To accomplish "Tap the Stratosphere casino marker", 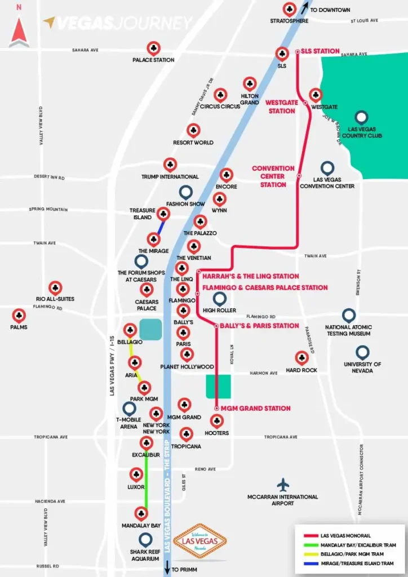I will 289,9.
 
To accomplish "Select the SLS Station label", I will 320,51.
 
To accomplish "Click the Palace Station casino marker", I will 153,48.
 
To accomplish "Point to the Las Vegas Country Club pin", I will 361,117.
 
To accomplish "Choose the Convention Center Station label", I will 273,176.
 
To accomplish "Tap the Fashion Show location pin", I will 185,192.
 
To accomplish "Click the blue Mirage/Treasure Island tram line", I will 161,227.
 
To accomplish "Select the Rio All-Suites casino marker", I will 55,288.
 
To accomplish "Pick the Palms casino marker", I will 19,315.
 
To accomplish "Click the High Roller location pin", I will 219,299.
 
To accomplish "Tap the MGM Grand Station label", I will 256,408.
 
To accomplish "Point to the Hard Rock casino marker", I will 301,358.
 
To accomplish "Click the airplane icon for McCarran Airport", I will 283,484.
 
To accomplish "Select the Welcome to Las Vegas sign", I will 200,541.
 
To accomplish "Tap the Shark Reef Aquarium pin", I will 145,539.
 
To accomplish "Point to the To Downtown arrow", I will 305,8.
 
